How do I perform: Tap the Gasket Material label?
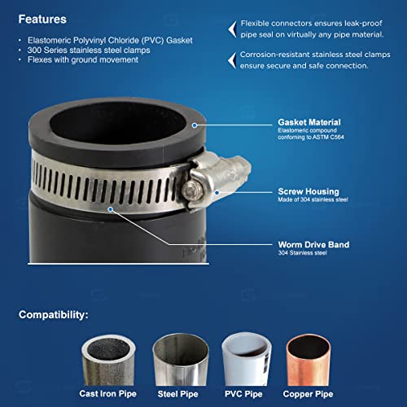[309, 122]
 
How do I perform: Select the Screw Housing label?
[307, 192]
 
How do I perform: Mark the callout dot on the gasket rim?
[195, 125]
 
